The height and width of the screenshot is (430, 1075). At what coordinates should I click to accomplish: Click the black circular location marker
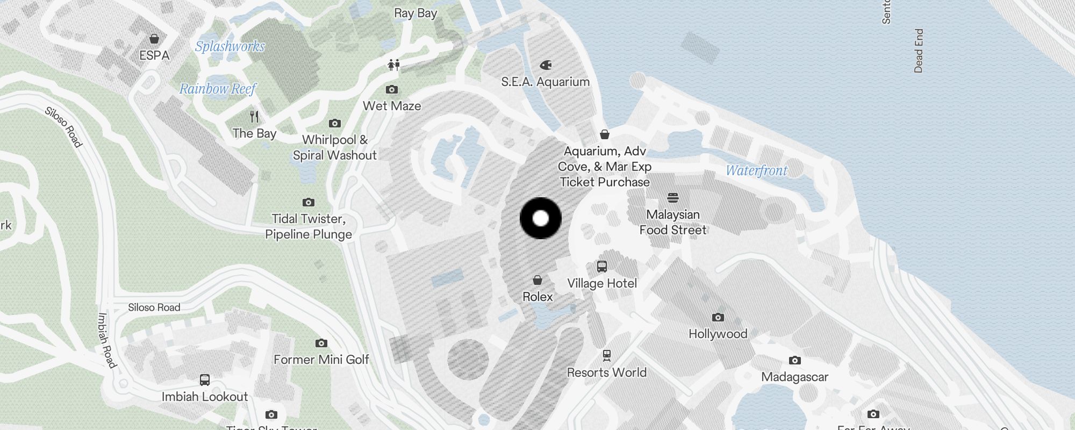click(x=541, y=218)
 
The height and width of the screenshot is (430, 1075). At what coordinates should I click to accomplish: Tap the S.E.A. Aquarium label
click(x=545, y=82)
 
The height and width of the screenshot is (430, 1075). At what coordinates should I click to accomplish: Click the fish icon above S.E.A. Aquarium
click(x=546, y=65)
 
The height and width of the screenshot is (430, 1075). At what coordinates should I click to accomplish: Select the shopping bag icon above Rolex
click(x=537, y=280)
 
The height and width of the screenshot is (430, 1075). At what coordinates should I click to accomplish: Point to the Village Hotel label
click(x=602, y=283)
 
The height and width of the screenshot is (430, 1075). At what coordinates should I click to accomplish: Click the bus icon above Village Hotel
click(x=602, y=267)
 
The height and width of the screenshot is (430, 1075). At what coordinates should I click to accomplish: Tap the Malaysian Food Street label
click(x=673, y=222)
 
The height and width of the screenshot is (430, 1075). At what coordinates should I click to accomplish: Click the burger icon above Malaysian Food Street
click(x=673, y=197)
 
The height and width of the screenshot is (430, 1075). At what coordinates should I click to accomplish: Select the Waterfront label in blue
click(x=756, y=170)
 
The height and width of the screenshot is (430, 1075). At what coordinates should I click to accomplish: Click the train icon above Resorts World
click(x=607, y=355)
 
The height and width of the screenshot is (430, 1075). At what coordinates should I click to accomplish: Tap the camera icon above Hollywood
click(x=718, y=317)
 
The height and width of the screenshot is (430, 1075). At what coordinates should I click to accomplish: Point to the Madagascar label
click(x=794, y=377)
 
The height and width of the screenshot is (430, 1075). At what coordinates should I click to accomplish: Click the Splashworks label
click(x=230, y=46)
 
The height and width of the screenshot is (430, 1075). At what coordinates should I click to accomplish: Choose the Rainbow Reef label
click(x=218, y=89)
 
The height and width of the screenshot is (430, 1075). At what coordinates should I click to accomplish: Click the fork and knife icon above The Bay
click(x=254, y=116)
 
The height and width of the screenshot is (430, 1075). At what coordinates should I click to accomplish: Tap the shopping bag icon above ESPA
click(x=154, y=39)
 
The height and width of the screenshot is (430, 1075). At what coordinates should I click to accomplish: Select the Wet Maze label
click(x=392, y=106)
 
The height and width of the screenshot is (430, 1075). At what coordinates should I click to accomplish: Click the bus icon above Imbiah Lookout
click(x=205, y=380)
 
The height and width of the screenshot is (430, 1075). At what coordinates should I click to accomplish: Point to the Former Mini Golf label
click(x=321, y=360)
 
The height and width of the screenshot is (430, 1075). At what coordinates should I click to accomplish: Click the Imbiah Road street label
click(x=106, y=340)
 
